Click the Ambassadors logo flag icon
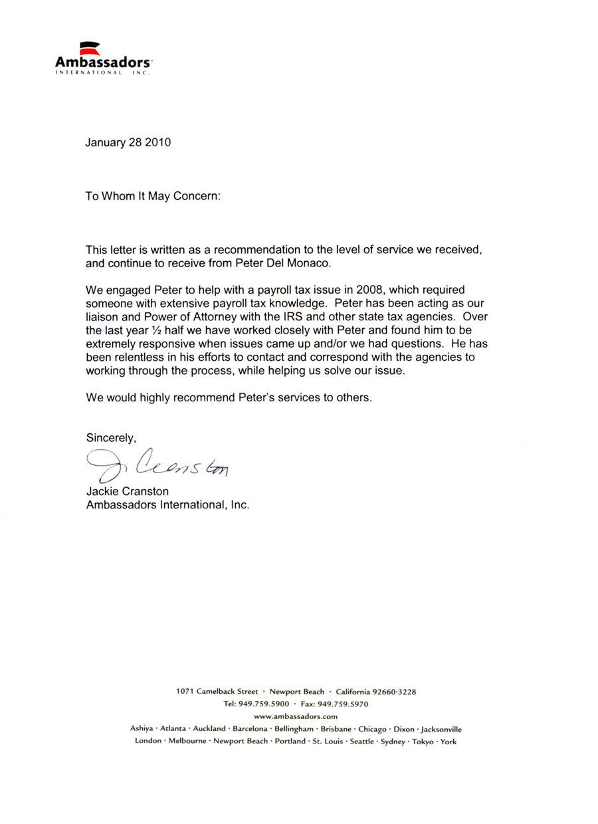point(89,48)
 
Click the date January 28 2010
point(128,142)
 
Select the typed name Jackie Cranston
point(128,492)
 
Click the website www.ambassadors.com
point(296,716)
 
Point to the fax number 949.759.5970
point(344,704)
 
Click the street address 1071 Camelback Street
point(217,692)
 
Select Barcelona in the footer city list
point(250,729)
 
